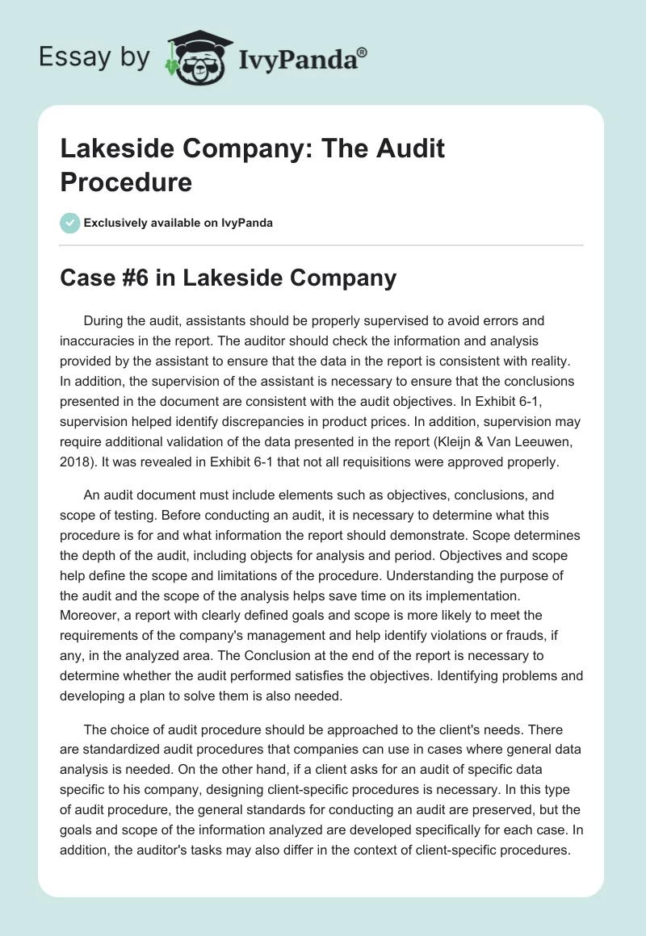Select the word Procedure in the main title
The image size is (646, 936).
[126, 182]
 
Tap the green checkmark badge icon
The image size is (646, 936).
[70, 223]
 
